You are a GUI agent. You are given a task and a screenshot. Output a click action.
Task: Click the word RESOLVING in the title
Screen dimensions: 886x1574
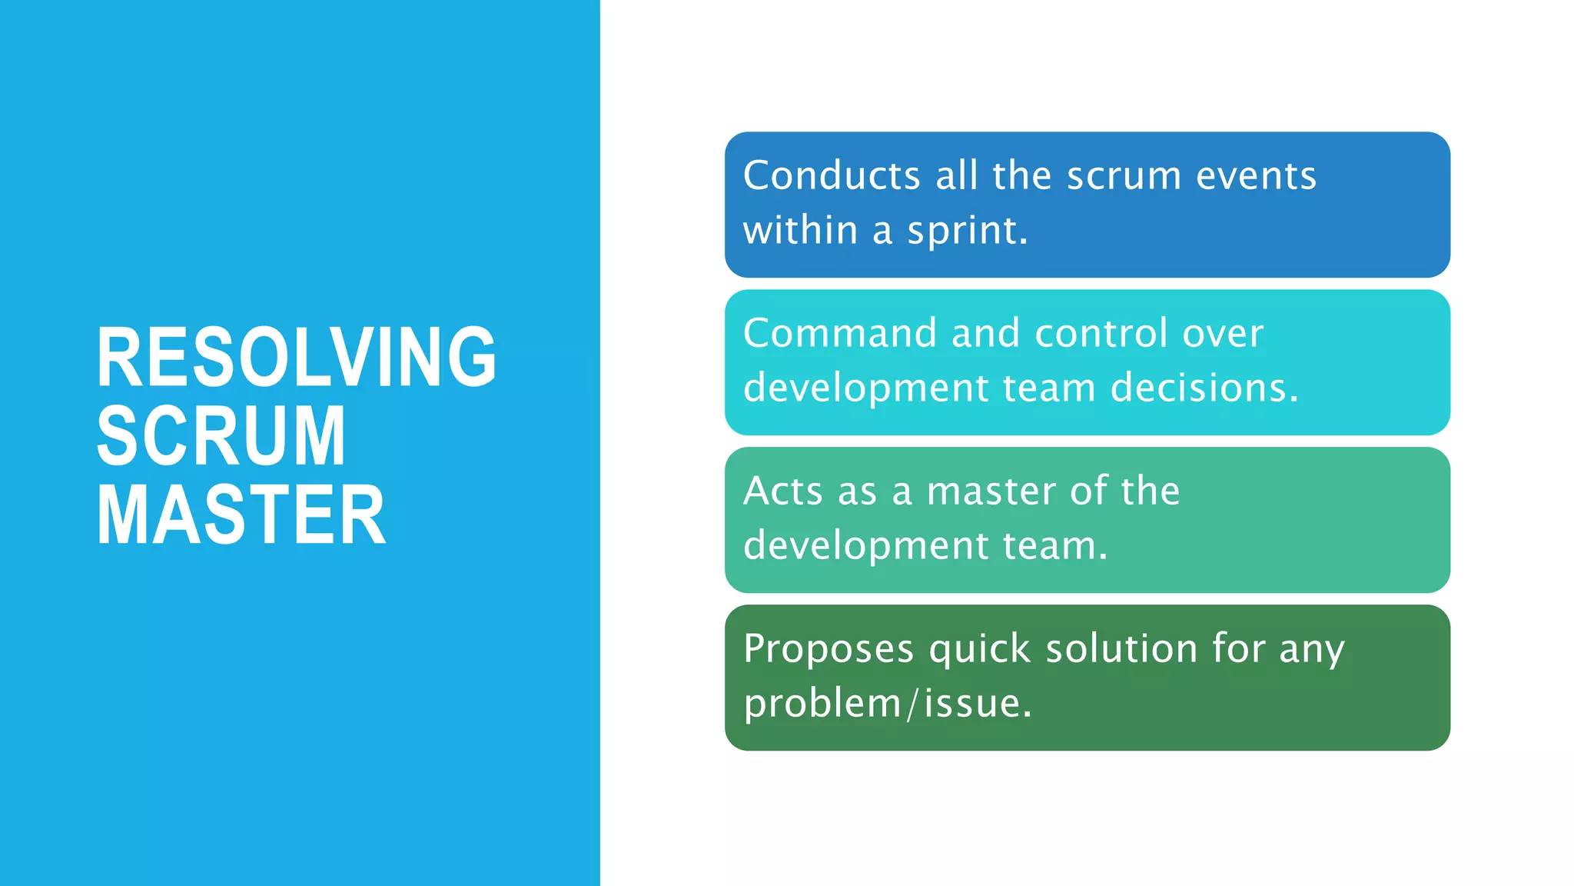[x=296, y=357]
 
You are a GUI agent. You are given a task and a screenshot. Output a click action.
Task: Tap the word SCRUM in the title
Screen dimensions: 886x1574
[x=221, y=436]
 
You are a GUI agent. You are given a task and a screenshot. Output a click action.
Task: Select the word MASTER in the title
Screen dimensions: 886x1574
[x=241, y=515]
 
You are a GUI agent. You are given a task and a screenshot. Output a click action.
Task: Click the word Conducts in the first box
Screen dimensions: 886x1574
[x=832, y=175]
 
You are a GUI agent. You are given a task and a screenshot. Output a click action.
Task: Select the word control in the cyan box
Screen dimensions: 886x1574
[x=1101, y=333]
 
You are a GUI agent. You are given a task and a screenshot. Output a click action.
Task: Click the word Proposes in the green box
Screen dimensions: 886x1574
[x=829, y=648]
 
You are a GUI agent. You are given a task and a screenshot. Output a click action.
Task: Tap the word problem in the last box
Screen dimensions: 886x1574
[x=822, y=704]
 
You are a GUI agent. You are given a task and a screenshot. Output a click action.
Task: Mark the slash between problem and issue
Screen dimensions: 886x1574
[x=912, y=704]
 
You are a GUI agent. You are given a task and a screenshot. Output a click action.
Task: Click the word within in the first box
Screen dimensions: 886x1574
[x=800, y=231]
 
